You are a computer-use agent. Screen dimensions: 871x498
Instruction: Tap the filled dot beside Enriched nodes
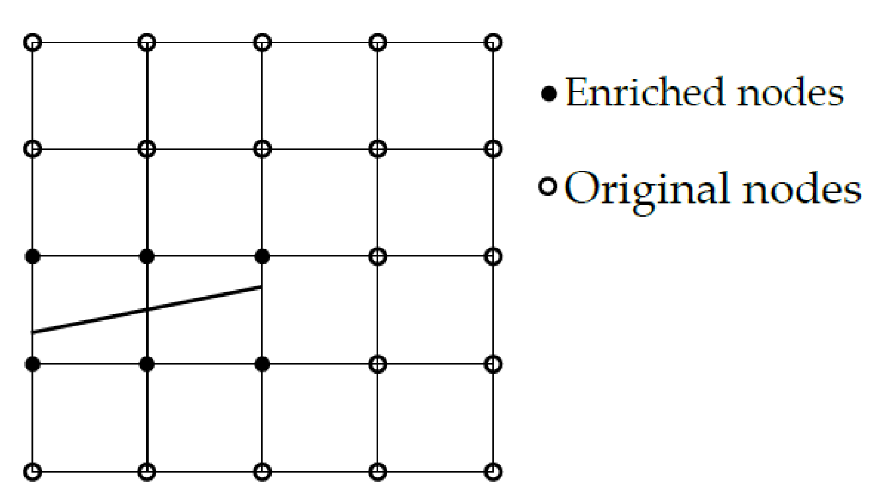point(549,94)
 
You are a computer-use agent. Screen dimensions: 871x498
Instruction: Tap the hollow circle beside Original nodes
point(548,187)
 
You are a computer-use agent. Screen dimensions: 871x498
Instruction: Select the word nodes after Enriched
point(790,93)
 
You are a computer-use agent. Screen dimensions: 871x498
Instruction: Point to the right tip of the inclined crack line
point(261,287)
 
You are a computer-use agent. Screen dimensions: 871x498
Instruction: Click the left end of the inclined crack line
point(34,332)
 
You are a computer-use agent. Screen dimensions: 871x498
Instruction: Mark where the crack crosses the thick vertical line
point(147,310)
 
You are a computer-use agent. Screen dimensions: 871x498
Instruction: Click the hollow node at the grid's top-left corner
point(33,42)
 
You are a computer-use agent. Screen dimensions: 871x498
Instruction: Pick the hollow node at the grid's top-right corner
point(493,42)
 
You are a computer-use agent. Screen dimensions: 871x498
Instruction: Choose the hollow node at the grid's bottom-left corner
point(33,471)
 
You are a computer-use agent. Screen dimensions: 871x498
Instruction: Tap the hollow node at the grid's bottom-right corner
point(493,471)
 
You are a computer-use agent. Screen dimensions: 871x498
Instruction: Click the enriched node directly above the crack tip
point(262,256)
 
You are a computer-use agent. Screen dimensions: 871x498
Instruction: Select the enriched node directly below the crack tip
point(262,364)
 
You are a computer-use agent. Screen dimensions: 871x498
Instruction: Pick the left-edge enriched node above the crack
point(33,256)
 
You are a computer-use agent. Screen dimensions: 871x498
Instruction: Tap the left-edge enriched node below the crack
point(33,364)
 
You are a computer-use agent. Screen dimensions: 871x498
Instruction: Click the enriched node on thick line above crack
point(147,256)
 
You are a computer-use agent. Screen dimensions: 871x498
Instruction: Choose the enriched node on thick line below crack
point(147,364)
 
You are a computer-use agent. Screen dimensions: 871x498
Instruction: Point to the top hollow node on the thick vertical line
point(147,42)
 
